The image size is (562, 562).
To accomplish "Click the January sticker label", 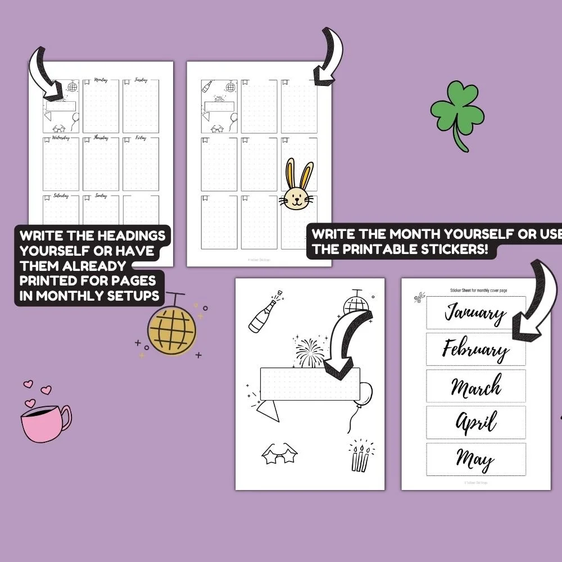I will (475, 312).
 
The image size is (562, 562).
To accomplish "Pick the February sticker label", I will (475, 350).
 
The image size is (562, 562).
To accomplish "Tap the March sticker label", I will (475, 386).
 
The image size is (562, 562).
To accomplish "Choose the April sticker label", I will (475, 423).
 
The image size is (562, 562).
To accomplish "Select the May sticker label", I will (475, 459).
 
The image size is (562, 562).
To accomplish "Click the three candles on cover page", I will (360, 458).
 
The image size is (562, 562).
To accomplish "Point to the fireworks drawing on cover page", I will (310, 352).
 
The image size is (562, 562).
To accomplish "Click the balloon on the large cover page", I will (365, 393).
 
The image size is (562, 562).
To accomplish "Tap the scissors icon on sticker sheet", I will (419, 298).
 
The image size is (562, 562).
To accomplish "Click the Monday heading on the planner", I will (101, 80).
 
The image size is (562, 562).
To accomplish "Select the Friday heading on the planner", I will (141, 137).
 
